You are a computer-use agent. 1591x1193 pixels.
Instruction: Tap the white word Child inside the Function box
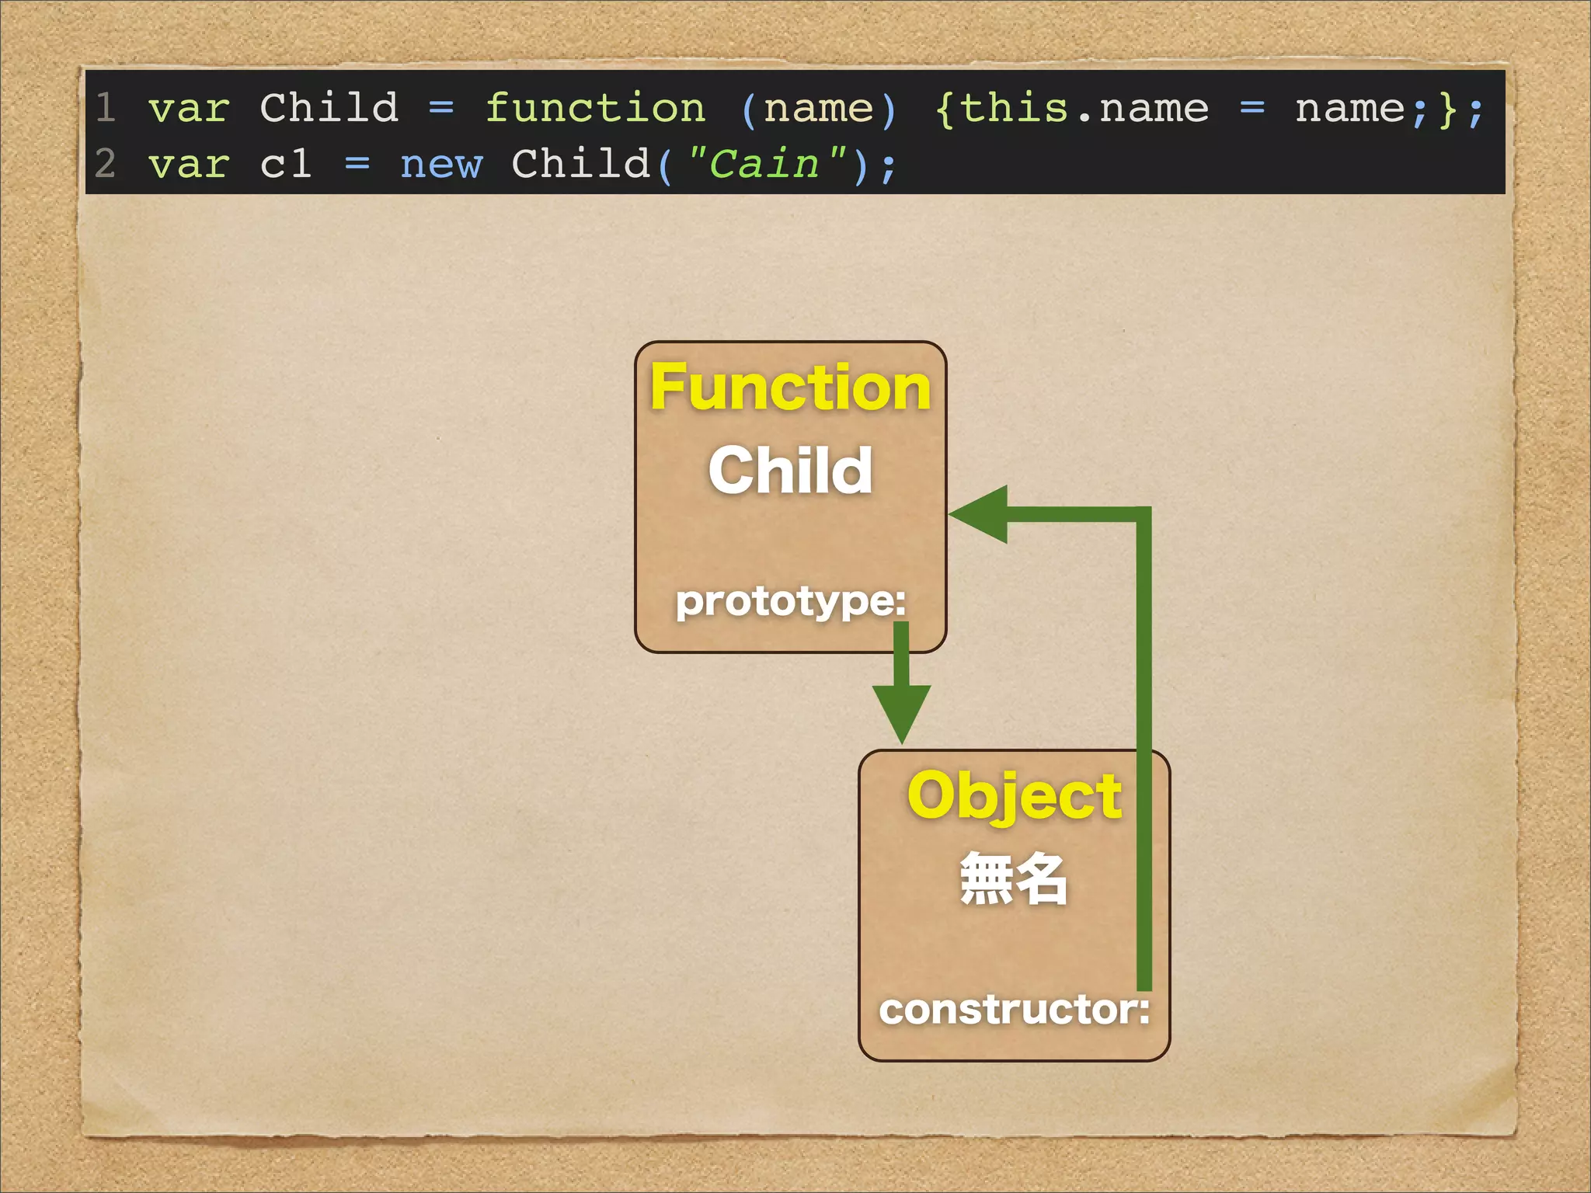[x=790, y=470]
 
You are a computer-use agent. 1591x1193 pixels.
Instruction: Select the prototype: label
[x=790, y=600]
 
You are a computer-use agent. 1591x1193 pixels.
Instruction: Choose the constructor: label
[x=1014, y=1009]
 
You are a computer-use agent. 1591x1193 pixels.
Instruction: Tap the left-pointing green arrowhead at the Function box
[x=980, y=513]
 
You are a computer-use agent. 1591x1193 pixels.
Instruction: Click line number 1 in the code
[x=106, y=107]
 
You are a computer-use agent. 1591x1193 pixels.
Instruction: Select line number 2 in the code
[x=106, y=164]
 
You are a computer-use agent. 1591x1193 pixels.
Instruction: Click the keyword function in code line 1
[x=595, y=107]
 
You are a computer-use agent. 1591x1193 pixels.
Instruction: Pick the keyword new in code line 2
[x=441, y=164]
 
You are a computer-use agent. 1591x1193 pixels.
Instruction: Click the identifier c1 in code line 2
[x=286, y=164]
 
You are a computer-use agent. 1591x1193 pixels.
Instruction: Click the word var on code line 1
[x=189, y=107]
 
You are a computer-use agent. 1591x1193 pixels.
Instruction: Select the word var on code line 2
[x=189, y=164]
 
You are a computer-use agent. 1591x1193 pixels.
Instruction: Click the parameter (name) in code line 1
[x=819, y=107]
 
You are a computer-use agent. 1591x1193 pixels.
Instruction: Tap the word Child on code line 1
[x=329, y=107]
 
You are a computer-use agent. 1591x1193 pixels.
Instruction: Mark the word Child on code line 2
[x=580, y=164]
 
